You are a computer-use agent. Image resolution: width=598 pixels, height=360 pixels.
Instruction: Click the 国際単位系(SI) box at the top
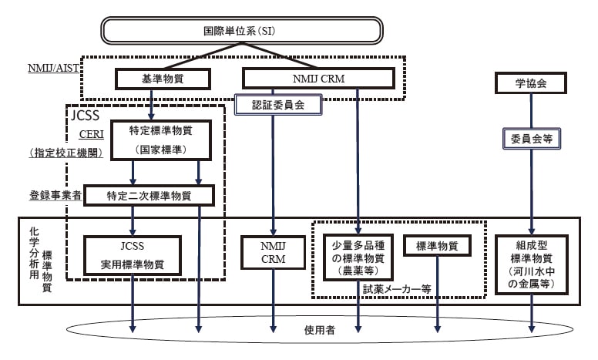(242, 32)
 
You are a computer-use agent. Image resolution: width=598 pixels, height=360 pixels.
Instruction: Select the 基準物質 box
(152, 79)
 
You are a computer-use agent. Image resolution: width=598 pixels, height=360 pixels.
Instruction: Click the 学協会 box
(530, 82)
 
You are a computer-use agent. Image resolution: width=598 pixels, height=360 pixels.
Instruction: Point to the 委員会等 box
(530, 140)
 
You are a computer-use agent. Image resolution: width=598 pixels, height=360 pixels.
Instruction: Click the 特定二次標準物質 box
(149, 196)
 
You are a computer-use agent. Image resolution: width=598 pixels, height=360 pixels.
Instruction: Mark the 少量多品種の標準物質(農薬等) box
(358, 257)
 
